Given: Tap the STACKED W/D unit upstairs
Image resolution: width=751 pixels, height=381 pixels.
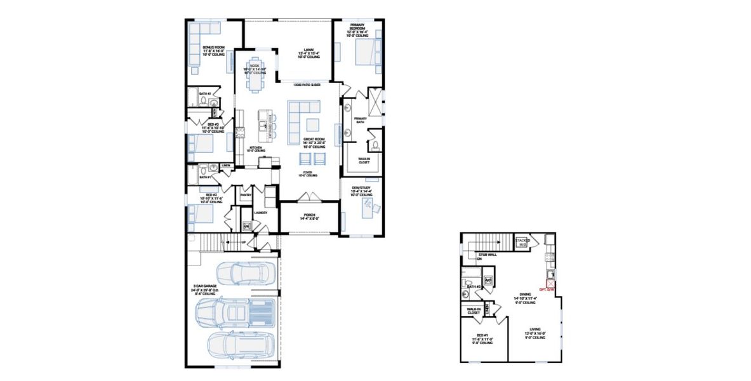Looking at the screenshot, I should [x=522, y=241].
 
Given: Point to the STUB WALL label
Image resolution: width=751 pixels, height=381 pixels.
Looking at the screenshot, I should [x=488, y=257].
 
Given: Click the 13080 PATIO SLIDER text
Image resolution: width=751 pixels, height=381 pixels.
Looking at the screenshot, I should [x=306, y=84].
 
